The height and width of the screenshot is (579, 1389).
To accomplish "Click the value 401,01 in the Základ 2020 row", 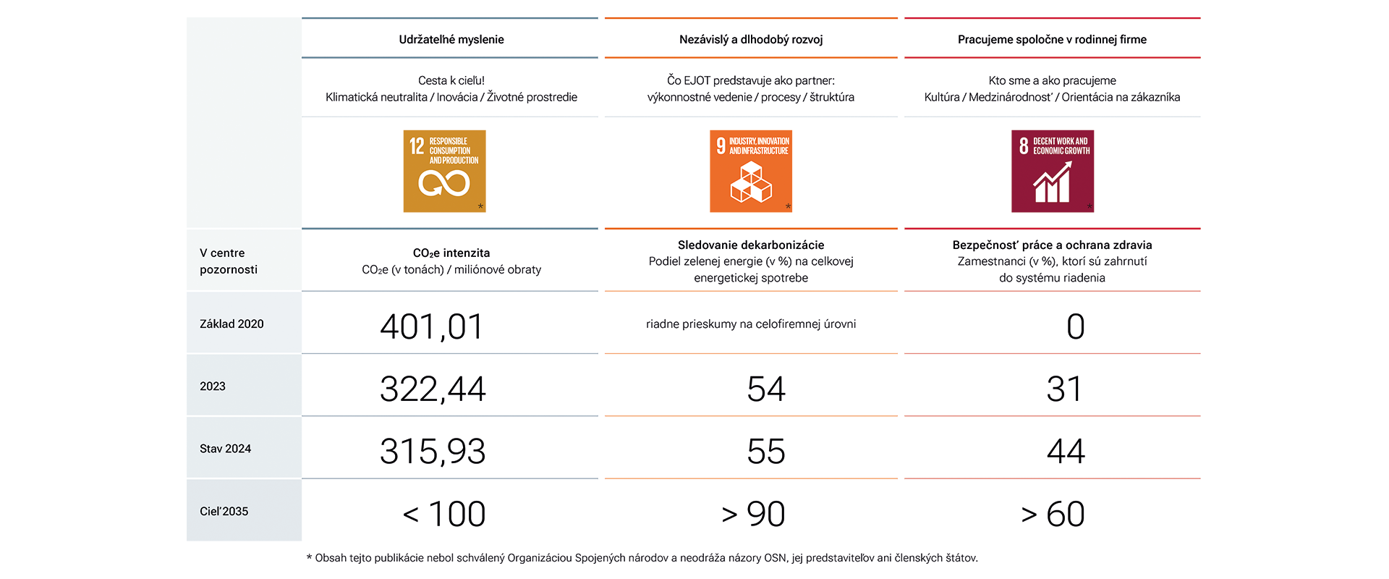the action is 432,326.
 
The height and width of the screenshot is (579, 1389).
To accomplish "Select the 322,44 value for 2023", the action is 433,389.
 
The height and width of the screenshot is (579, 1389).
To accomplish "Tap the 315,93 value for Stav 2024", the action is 433,451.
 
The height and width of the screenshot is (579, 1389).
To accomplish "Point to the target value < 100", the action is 444,514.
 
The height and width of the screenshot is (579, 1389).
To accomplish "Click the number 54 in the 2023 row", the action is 766,389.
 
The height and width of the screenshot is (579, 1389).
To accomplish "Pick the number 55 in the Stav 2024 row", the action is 766,451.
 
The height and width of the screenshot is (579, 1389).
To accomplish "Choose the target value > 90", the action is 753,514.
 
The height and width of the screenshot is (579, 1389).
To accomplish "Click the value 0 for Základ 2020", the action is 1076,326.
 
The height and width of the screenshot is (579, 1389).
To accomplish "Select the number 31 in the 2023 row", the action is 1064,389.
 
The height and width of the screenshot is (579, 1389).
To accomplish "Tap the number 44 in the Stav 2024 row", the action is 1066,451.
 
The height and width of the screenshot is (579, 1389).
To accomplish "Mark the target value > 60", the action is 1053,514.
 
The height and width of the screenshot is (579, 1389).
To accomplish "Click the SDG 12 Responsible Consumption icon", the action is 444,171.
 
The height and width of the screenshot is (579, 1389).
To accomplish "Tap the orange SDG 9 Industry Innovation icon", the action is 751,171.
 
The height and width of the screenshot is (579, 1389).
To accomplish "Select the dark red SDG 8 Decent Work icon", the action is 1053,171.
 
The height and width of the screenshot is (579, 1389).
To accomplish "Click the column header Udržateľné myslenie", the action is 451,39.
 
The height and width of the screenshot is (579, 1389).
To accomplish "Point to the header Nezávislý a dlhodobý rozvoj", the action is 751,39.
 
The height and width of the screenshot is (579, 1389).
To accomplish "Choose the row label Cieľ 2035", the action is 224,511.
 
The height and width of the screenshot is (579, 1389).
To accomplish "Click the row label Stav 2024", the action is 225,449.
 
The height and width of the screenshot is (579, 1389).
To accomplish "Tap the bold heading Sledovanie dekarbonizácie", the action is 751,245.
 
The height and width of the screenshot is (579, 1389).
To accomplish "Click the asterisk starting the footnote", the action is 310,557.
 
